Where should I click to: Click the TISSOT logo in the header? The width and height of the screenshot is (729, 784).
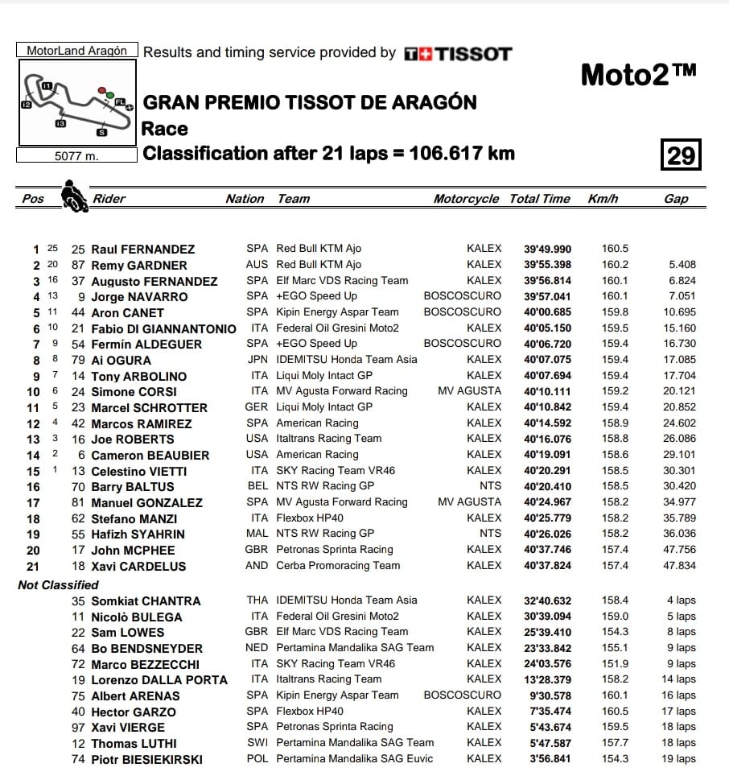click(457, 54)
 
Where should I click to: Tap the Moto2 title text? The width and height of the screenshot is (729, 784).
click(638, 75)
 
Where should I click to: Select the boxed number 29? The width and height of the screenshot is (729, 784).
click(681, 154)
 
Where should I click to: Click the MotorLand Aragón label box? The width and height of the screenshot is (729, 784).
click(77, 50)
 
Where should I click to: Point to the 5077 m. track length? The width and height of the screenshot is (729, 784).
click(76, 156)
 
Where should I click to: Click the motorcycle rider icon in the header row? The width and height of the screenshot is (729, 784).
click(74, 196)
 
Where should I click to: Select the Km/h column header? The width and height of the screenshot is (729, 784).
click(603, 199)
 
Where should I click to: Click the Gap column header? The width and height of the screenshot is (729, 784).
click(676, 199)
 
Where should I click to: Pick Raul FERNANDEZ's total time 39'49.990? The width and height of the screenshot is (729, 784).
click(547, 249)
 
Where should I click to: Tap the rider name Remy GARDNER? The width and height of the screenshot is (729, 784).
click(138, 265)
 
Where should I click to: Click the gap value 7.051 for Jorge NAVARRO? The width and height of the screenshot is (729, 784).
click(681, 296)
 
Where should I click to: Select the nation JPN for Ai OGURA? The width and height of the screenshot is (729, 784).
click(257, 359)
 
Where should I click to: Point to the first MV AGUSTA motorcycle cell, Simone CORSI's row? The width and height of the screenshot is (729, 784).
click(469, 391)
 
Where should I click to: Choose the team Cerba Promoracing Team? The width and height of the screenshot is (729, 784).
click(338, 565)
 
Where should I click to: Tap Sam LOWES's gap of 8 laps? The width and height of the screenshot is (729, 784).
click(681, 632)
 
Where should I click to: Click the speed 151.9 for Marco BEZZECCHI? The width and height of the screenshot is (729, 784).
click(615, 663)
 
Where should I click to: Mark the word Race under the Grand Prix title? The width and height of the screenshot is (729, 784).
click(165, 129)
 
